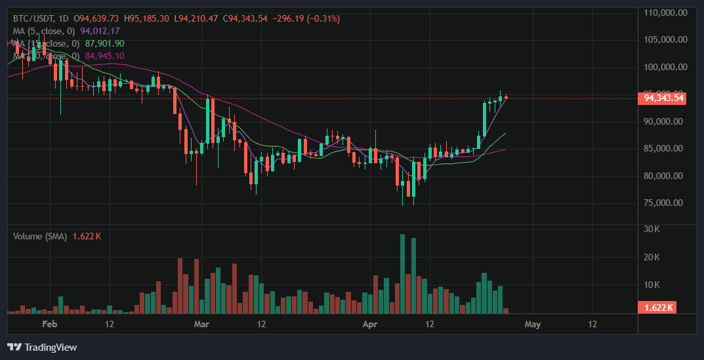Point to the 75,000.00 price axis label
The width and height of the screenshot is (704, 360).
tap(666, 203)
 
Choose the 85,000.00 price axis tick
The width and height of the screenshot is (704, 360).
tap(666, 148)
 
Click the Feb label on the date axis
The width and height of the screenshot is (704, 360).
tap(50, 324)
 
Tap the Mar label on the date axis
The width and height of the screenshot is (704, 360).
tap(202, 324)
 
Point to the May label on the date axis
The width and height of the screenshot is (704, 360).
tap(533, 324)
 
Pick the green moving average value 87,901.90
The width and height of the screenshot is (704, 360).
tap(104, 43)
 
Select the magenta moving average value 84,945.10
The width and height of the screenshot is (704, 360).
tap(104, 56)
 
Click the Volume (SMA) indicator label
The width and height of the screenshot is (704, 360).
tap(40, 236)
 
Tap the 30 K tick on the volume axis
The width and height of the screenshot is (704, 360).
tap(652, 229)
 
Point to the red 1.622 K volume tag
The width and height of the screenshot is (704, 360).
tap(657, 308)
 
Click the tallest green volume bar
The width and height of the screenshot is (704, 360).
tap(402, 273)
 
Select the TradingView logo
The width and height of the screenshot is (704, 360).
tap(42, 347)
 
